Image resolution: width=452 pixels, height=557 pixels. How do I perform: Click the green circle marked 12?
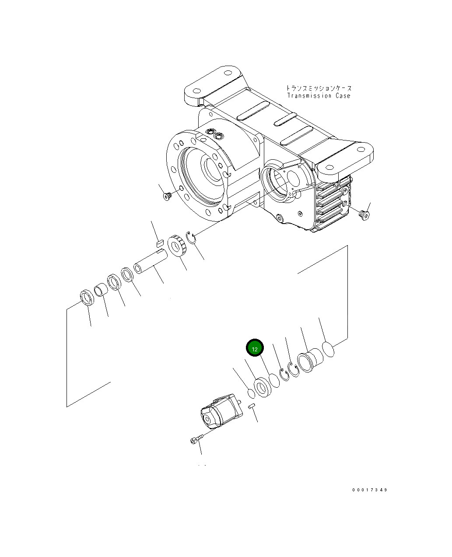coord(255,348)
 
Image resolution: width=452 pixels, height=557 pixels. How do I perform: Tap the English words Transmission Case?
coord(319,96)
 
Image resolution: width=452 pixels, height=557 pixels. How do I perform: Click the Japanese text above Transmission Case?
coord(319,88)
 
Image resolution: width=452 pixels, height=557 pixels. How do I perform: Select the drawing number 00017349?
coord(370,490)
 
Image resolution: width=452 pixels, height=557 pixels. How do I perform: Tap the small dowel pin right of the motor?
coord(252,406)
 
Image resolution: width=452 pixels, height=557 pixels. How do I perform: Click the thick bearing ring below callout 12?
coord(263,388)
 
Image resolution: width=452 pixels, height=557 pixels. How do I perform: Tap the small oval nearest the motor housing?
coord(251,393)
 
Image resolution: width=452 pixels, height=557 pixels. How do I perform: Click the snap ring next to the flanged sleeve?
coord(293,368)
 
